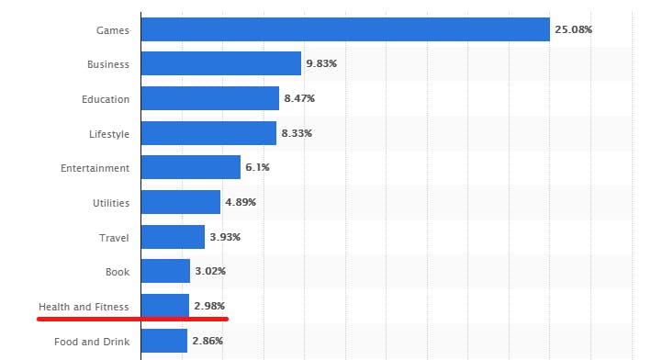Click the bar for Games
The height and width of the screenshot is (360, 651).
[x=345, y=29]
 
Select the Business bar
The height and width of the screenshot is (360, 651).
[x=221, y=64]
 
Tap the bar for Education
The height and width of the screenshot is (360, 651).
[x=210, y=98]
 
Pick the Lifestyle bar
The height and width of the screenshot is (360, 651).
[x=208, y=133]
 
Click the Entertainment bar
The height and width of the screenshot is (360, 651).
[x=191, y=167]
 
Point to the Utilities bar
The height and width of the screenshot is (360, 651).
[x=181, y=202]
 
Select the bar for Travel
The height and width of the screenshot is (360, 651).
[x=174, y=237]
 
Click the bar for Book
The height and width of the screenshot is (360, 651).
[x=166, y=271]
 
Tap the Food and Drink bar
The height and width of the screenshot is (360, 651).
[x=164, y=341]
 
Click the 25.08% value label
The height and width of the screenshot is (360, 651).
[x=573, y=29]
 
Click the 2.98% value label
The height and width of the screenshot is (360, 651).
[x=208, y=306]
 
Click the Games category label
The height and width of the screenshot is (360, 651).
[x=113, y=30]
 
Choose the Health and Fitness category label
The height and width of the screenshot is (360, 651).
[x=84, y=306]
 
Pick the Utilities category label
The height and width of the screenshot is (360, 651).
[x=110, y=203]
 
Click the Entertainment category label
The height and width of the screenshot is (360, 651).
[x=95, y=168]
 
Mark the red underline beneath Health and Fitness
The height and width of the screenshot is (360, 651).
[x=132, y=319]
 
